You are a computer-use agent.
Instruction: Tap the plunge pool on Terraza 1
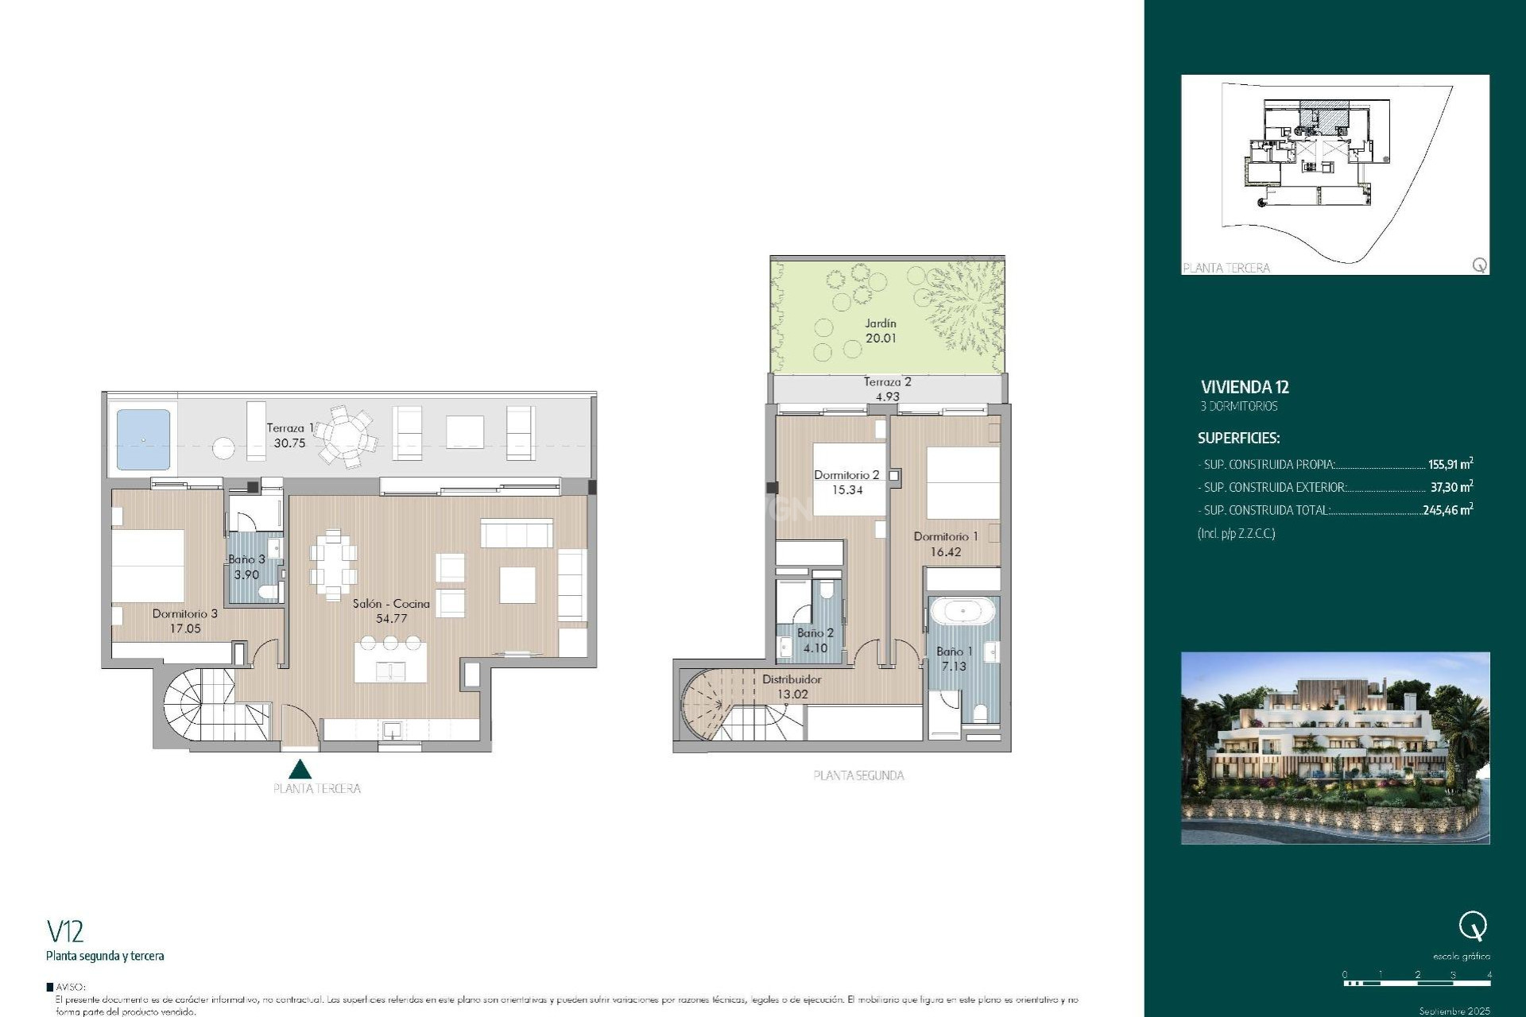click(144, 439)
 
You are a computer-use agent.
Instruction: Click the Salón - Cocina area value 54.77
click(391, 618)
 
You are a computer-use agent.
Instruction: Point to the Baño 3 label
click(246, 559)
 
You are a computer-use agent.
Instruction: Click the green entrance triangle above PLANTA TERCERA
click(300, 769)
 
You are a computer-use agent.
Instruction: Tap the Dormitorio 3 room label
click(184, 613)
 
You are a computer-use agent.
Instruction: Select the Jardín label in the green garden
click(881, 323)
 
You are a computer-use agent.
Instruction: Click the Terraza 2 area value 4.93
click(887, 396)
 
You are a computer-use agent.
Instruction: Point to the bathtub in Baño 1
click(962, 612)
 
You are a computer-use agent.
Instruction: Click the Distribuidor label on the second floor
click(792, 679)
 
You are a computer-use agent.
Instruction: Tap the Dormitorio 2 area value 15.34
click(847, 490)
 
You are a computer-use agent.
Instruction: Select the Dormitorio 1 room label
click(945, 536)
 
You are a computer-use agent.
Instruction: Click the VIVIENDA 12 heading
click(1245, 387)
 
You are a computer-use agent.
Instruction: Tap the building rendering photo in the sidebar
click(1334, 748)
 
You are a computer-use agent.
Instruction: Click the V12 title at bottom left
click(64, 930)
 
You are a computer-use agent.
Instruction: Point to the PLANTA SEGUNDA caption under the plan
click(858, 775)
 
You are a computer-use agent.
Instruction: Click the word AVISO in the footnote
click(70, 988)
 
